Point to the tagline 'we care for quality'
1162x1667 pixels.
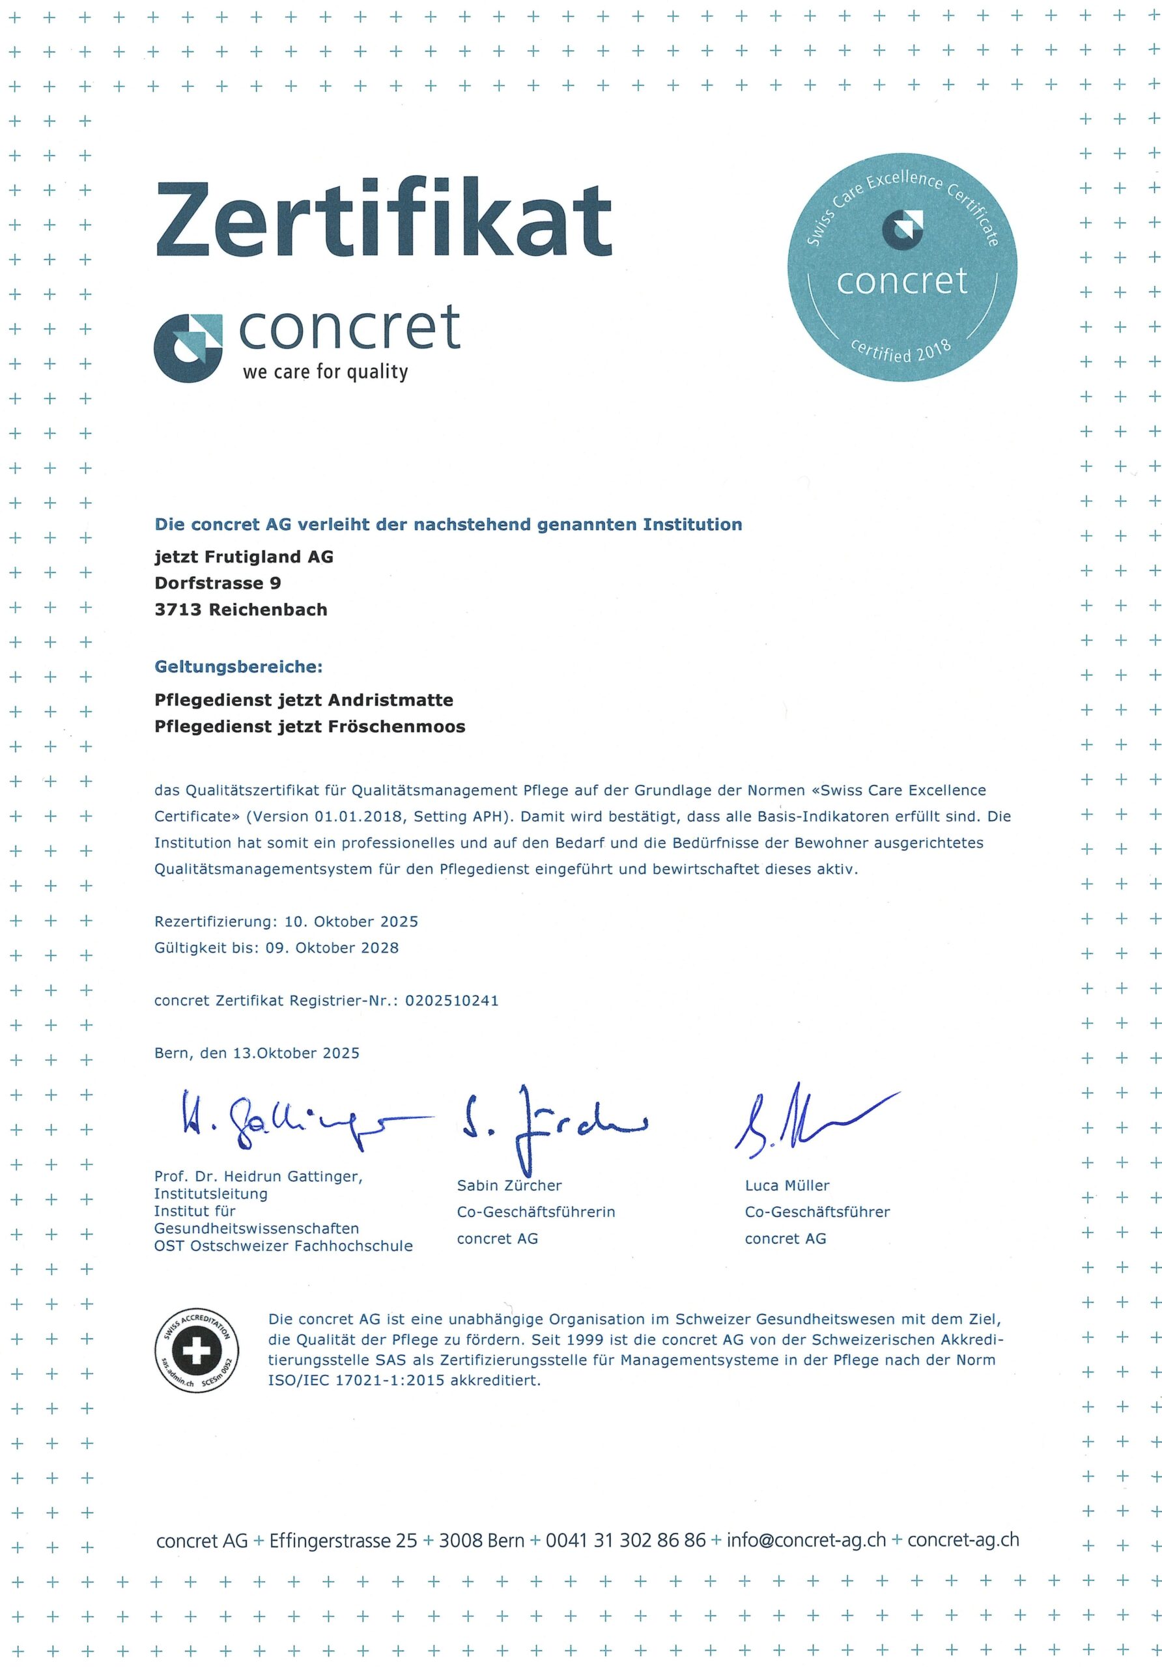pos(326,372)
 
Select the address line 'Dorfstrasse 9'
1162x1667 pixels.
pos(218,583)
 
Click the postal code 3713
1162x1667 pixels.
pos(178,610)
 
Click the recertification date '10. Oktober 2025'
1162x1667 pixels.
pos(352,921)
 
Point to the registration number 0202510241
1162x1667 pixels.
pos(452,1000)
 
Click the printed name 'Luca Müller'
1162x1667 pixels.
pos(787,1186)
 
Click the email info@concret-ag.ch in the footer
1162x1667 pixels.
pos(806,1540)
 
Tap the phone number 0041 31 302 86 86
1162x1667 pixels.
pos(625,1540)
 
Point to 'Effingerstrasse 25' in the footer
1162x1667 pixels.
pos(343,1540)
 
